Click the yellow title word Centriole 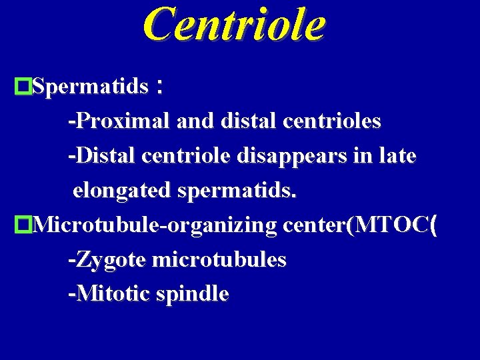(234, 25)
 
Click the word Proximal (123, 121)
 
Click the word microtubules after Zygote (219, 259)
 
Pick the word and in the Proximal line (195, 121)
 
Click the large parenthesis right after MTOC (434, 225)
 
